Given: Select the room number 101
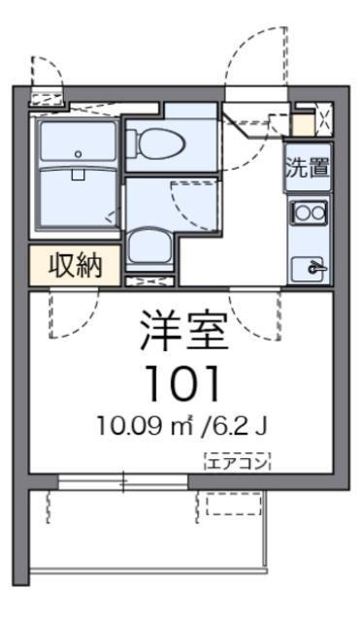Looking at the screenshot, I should tap(185, 385).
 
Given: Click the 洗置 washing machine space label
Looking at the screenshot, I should tap(307, 166).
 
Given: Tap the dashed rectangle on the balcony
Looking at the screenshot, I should tap(234, 503).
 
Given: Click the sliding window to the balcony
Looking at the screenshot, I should tap(124, 481).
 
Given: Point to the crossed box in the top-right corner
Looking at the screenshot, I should tap(324, 122).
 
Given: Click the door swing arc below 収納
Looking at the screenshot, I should tap(74, 315).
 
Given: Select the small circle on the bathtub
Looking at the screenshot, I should tap(79, 153).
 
